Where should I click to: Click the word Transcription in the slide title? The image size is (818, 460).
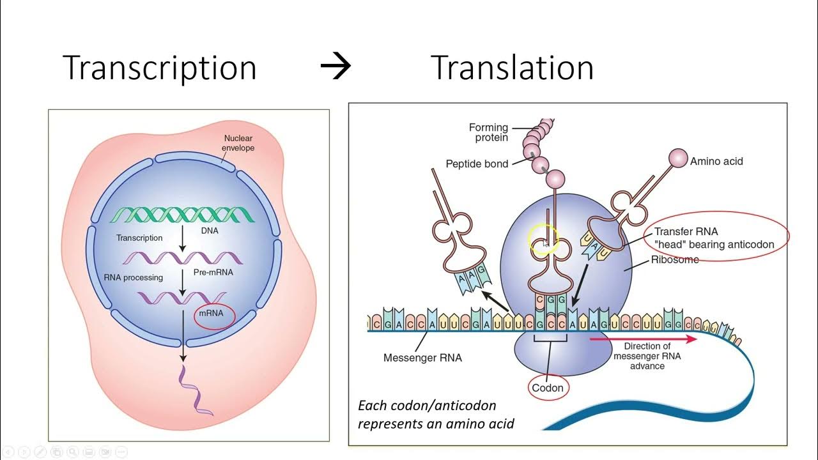[x=160, y=68]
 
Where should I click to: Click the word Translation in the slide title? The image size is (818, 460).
[x=512, y=68]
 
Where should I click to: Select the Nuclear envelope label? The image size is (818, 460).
[x=238, y=143]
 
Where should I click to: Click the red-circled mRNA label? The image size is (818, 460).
[x=214, y=315]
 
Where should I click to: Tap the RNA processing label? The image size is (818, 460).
[x=133, y=277]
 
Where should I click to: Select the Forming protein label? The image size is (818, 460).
[x=489, y=132]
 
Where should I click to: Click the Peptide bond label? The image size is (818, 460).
[x=477, y=164]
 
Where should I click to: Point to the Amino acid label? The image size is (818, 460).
[x=716, y=162]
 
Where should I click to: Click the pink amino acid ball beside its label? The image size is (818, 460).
[x=677, y=157]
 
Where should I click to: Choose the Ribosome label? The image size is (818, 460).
[x=675, y=260]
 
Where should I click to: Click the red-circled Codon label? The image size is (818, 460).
[x=548, y=387]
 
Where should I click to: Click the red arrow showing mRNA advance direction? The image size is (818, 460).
[x=643, y=339]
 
